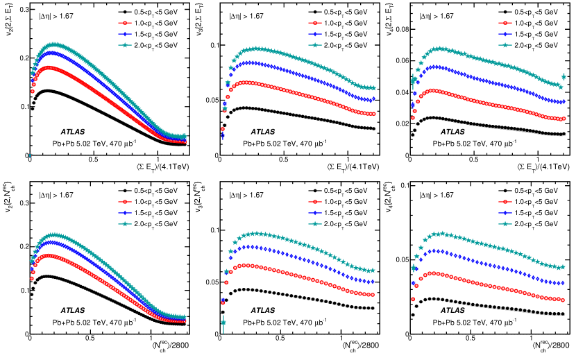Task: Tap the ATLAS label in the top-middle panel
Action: [x=262, y=131]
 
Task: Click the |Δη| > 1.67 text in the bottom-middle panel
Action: [x=247, y=196]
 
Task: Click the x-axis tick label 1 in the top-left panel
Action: [x=158, y=160]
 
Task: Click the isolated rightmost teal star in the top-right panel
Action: [x=564, y=77]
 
